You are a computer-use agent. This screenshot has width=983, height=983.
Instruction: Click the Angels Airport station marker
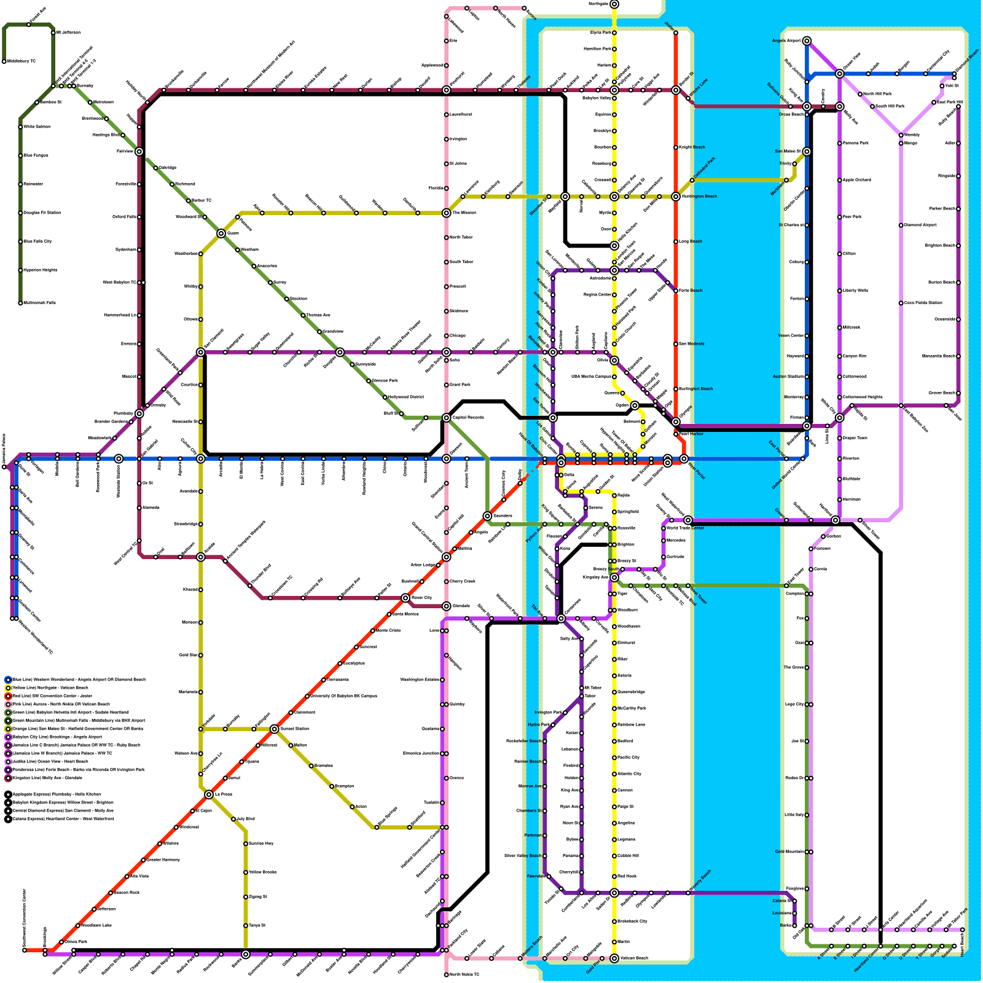[x=807, y=41]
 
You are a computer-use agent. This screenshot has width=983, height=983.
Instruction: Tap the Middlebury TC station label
[x=22, y=61]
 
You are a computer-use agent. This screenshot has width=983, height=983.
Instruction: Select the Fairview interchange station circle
[x=139, y=152]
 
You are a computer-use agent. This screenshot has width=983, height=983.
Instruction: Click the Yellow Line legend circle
[x=8, y=688]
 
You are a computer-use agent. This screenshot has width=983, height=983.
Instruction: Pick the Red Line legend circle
[x=8, y=696]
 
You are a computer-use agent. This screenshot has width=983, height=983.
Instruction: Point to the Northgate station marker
[x=614, y=4]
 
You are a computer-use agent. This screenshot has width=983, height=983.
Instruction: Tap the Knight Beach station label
[x=692, y=147]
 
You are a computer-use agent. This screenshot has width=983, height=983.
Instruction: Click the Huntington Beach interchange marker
[x=676, y=197]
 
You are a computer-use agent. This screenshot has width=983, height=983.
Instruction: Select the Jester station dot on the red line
[x=676, y=33]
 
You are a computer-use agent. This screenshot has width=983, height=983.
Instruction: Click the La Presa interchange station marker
[x=209, y=794]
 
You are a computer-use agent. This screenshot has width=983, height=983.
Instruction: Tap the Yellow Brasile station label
[x=263, y=872]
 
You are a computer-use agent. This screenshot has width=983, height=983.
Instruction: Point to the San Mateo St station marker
[x=807, y=152]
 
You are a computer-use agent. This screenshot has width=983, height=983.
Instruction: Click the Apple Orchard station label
[x=857, y=180]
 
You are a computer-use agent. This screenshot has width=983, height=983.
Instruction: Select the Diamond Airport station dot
[x=901, y=225]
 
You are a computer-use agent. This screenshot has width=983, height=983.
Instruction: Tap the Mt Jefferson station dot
[x=53, y=33]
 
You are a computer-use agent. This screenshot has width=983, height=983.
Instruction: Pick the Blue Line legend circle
[x=8, y=679]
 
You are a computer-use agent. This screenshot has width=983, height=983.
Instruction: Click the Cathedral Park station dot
[x=692, y=180]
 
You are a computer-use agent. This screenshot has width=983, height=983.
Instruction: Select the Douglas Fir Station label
[x=42, y=213]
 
